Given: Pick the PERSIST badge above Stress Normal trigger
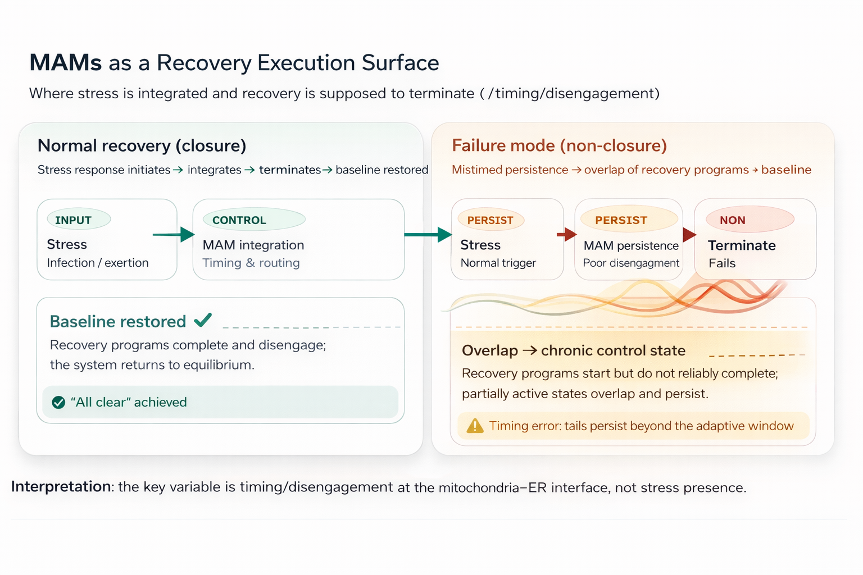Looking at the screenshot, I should tap(490, 220).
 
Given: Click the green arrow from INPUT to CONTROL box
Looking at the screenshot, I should tap(174, 234).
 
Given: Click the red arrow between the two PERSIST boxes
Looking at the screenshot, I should tap(567, 234).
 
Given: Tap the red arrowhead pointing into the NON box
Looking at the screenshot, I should tap(689, 234).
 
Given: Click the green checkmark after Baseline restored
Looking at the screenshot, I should tap(203, 320).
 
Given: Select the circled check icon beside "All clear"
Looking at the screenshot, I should tap(58, 403).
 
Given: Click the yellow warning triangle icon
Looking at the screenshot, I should tap(475, 426).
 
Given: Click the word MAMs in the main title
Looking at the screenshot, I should tap(66, 63).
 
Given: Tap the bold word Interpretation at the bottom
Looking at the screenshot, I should tap(61, 486).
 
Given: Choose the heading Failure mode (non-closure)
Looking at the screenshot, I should tap(559, 145).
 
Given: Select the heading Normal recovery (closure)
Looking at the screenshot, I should tap(142, 145).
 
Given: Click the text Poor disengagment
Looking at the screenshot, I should tap(631, 263).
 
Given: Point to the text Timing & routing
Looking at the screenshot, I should tap(251, 263).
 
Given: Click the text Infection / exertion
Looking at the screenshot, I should tap(98, 263).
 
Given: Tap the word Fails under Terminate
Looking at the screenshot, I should tap(722, 263).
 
